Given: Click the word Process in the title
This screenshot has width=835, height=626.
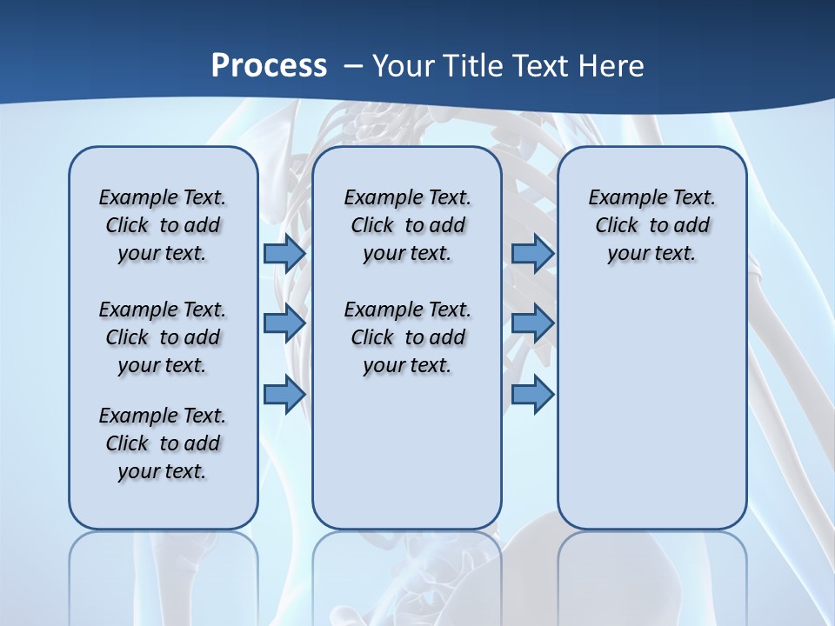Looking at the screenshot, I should [x=269, y=65].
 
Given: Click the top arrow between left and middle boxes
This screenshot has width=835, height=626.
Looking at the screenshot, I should [x=284, y=253].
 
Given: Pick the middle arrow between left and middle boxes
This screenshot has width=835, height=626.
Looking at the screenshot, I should [x=284, y=323].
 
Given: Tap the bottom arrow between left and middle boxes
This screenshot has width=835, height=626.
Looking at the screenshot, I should [x=284, y=395].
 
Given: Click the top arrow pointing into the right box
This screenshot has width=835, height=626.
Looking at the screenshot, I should [x=532, y=253].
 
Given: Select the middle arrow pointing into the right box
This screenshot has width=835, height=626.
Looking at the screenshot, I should [x=532, y=323].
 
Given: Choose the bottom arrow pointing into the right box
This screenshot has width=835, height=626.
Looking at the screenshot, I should [x=532, y=395].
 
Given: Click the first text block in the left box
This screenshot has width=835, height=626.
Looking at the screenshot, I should [x=163, y=225].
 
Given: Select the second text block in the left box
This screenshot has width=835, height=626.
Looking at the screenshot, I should [x=163, y=337].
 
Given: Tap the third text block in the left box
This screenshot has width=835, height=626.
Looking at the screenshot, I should [x=163, y=443].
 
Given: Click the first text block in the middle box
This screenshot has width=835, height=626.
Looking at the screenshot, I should [x=407, y=225].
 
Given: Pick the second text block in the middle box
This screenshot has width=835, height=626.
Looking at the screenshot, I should [x=407, y=337].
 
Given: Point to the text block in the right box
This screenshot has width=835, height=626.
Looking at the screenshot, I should [x=651, y=225].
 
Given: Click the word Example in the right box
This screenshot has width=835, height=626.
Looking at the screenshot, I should [x=622, y=197].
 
